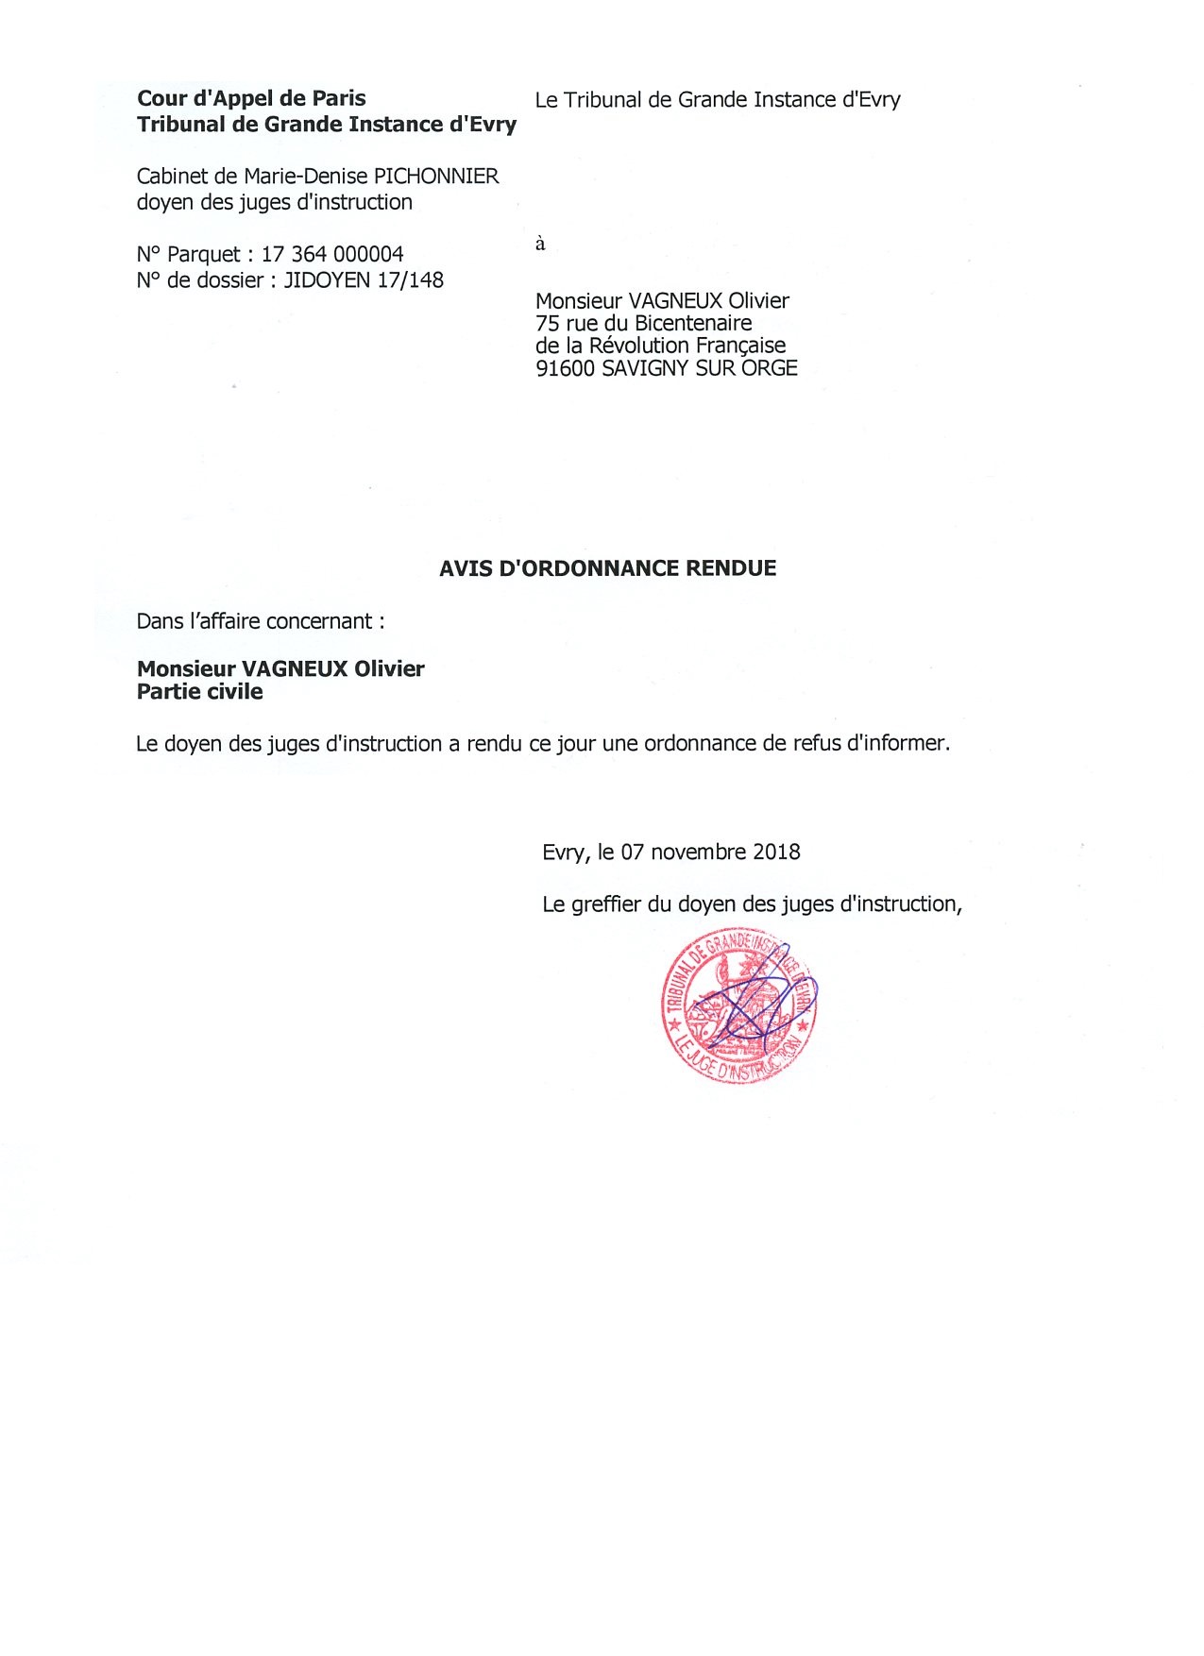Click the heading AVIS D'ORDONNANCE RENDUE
click(x=607, y=568)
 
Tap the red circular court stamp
click(x=738, y=1005)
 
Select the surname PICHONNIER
click(x=436, y=177)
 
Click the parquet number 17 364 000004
click(x=332, y=255)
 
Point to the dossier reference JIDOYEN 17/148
click(x=364, y=280)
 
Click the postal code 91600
click(x=565, y=369)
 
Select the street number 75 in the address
click(x=548, y=324)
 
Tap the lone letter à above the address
click(x=540, y=245)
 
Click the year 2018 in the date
click(x=776, y=853)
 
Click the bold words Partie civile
click(x=200, y=692)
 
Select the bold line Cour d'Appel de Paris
click(x=251, y=99)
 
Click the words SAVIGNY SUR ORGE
click(x=699, y=369)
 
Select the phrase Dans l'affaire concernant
click(x=260, y=621)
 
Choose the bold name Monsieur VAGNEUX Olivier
click(x=280, y=669)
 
